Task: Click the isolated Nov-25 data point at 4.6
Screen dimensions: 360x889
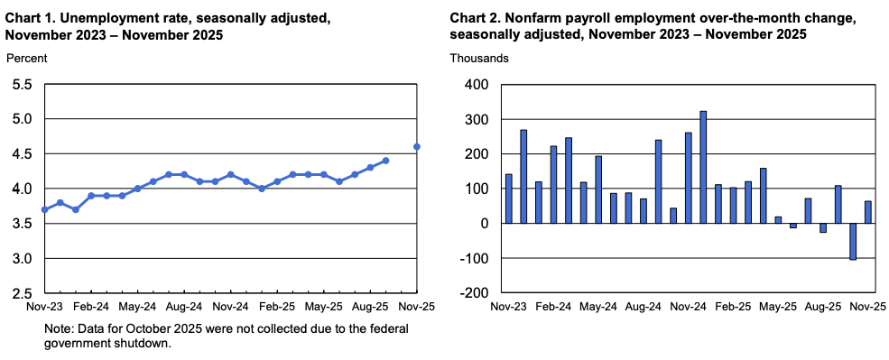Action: pyautogui.click(x=416, y=147)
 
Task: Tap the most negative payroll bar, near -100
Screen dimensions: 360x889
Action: pyautogui.click(x=852, y=242)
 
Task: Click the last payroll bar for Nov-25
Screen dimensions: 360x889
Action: pyautogui.click(x=867, y=212)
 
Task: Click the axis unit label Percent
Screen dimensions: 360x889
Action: pyautogui.click(x=26, y=58)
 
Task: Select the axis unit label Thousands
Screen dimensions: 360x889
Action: pyautogui.click(x=479, y=58)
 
